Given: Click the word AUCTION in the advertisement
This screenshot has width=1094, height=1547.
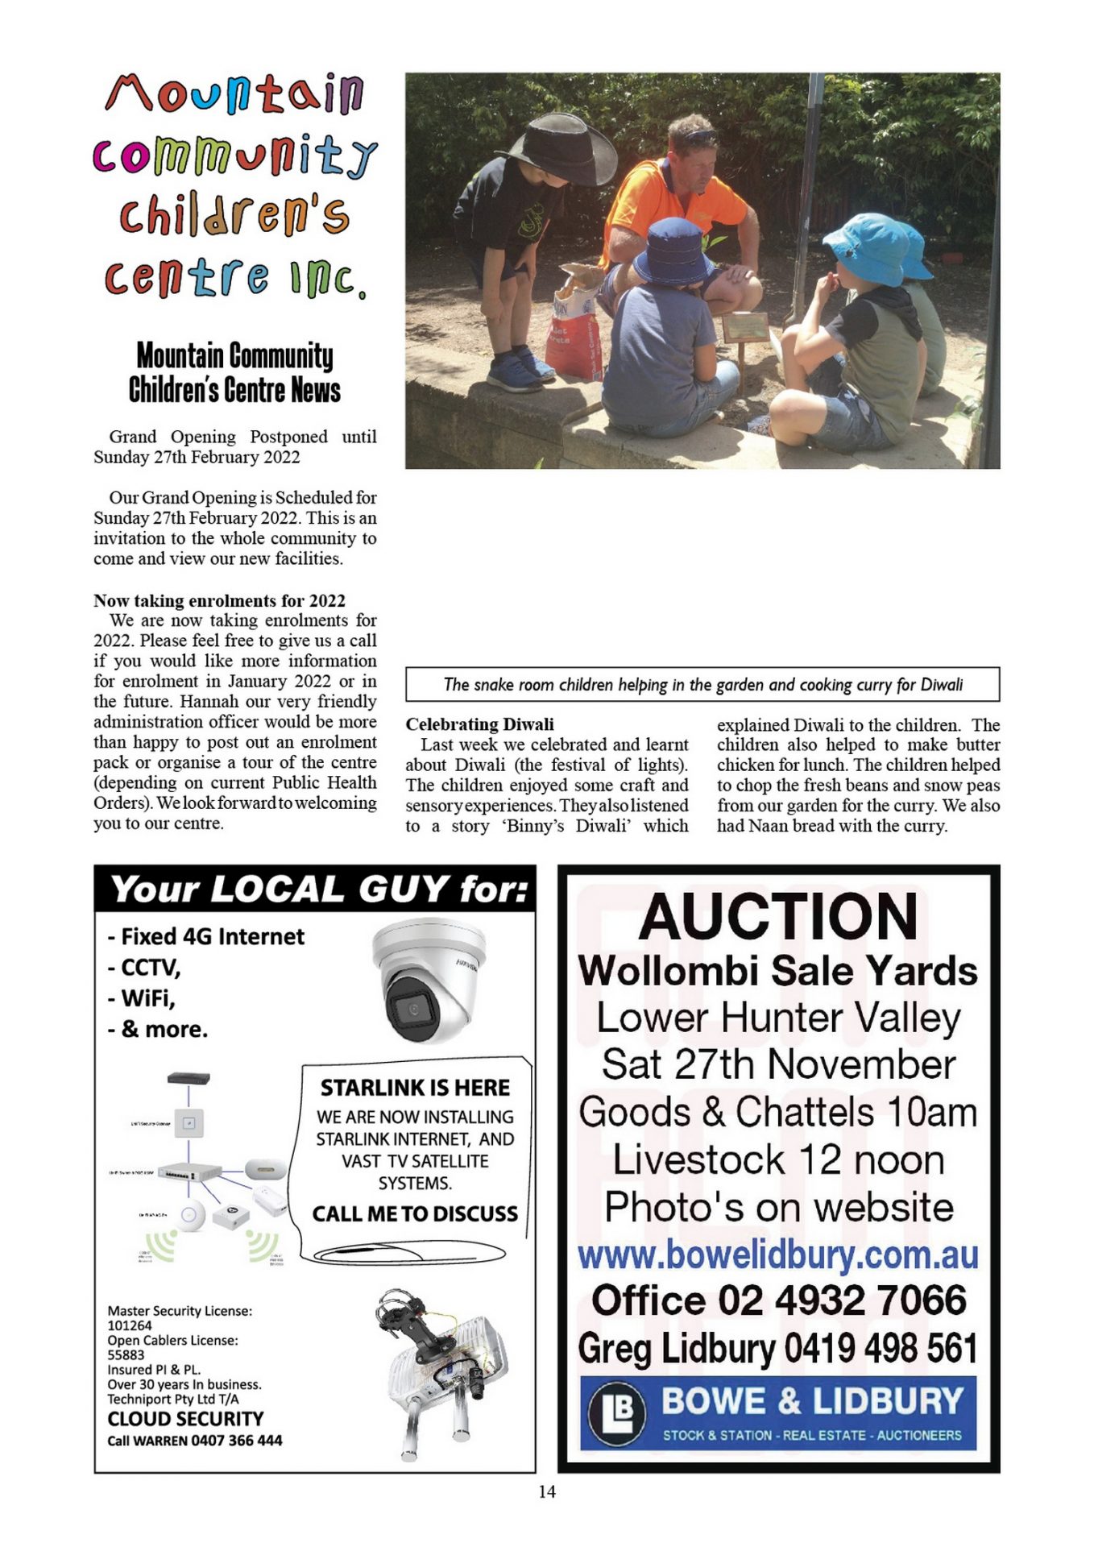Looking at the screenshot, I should point(777,917).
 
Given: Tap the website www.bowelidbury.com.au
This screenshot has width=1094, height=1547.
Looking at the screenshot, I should point(777,1255).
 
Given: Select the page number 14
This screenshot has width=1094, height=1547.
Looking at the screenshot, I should point(547,1491).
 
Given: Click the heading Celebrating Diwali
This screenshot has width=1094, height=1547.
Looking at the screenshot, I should point(479,724).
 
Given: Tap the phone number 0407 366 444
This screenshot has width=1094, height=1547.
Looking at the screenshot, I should point(237,1441).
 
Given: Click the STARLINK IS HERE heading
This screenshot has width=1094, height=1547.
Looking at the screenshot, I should point(415,1088).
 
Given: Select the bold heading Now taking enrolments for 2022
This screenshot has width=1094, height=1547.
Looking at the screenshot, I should point(219,600).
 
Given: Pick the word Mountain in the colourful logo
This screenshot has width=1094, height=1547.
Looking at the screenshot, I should point(234,93).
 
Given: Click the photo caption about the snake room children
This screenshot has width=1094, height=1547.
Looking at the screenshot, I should point(702,685).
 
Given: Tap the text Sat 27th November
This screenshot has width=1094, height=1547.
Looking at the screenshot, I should point(777,1064).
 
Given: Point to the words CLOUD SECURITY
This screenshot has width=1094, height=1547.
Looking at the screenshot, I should point(185,1419).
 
